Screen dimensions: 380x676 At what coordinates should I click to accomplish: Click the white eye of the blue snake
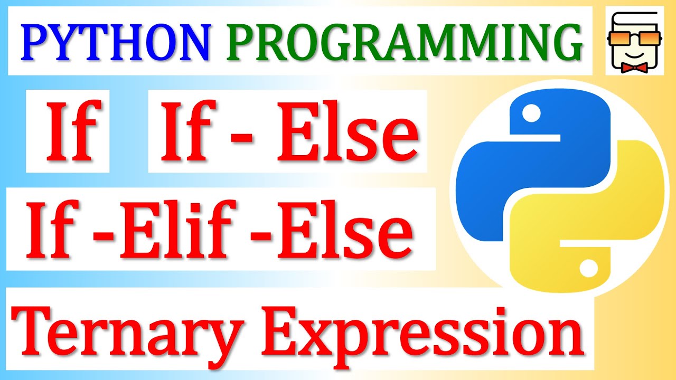point(531,111)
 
